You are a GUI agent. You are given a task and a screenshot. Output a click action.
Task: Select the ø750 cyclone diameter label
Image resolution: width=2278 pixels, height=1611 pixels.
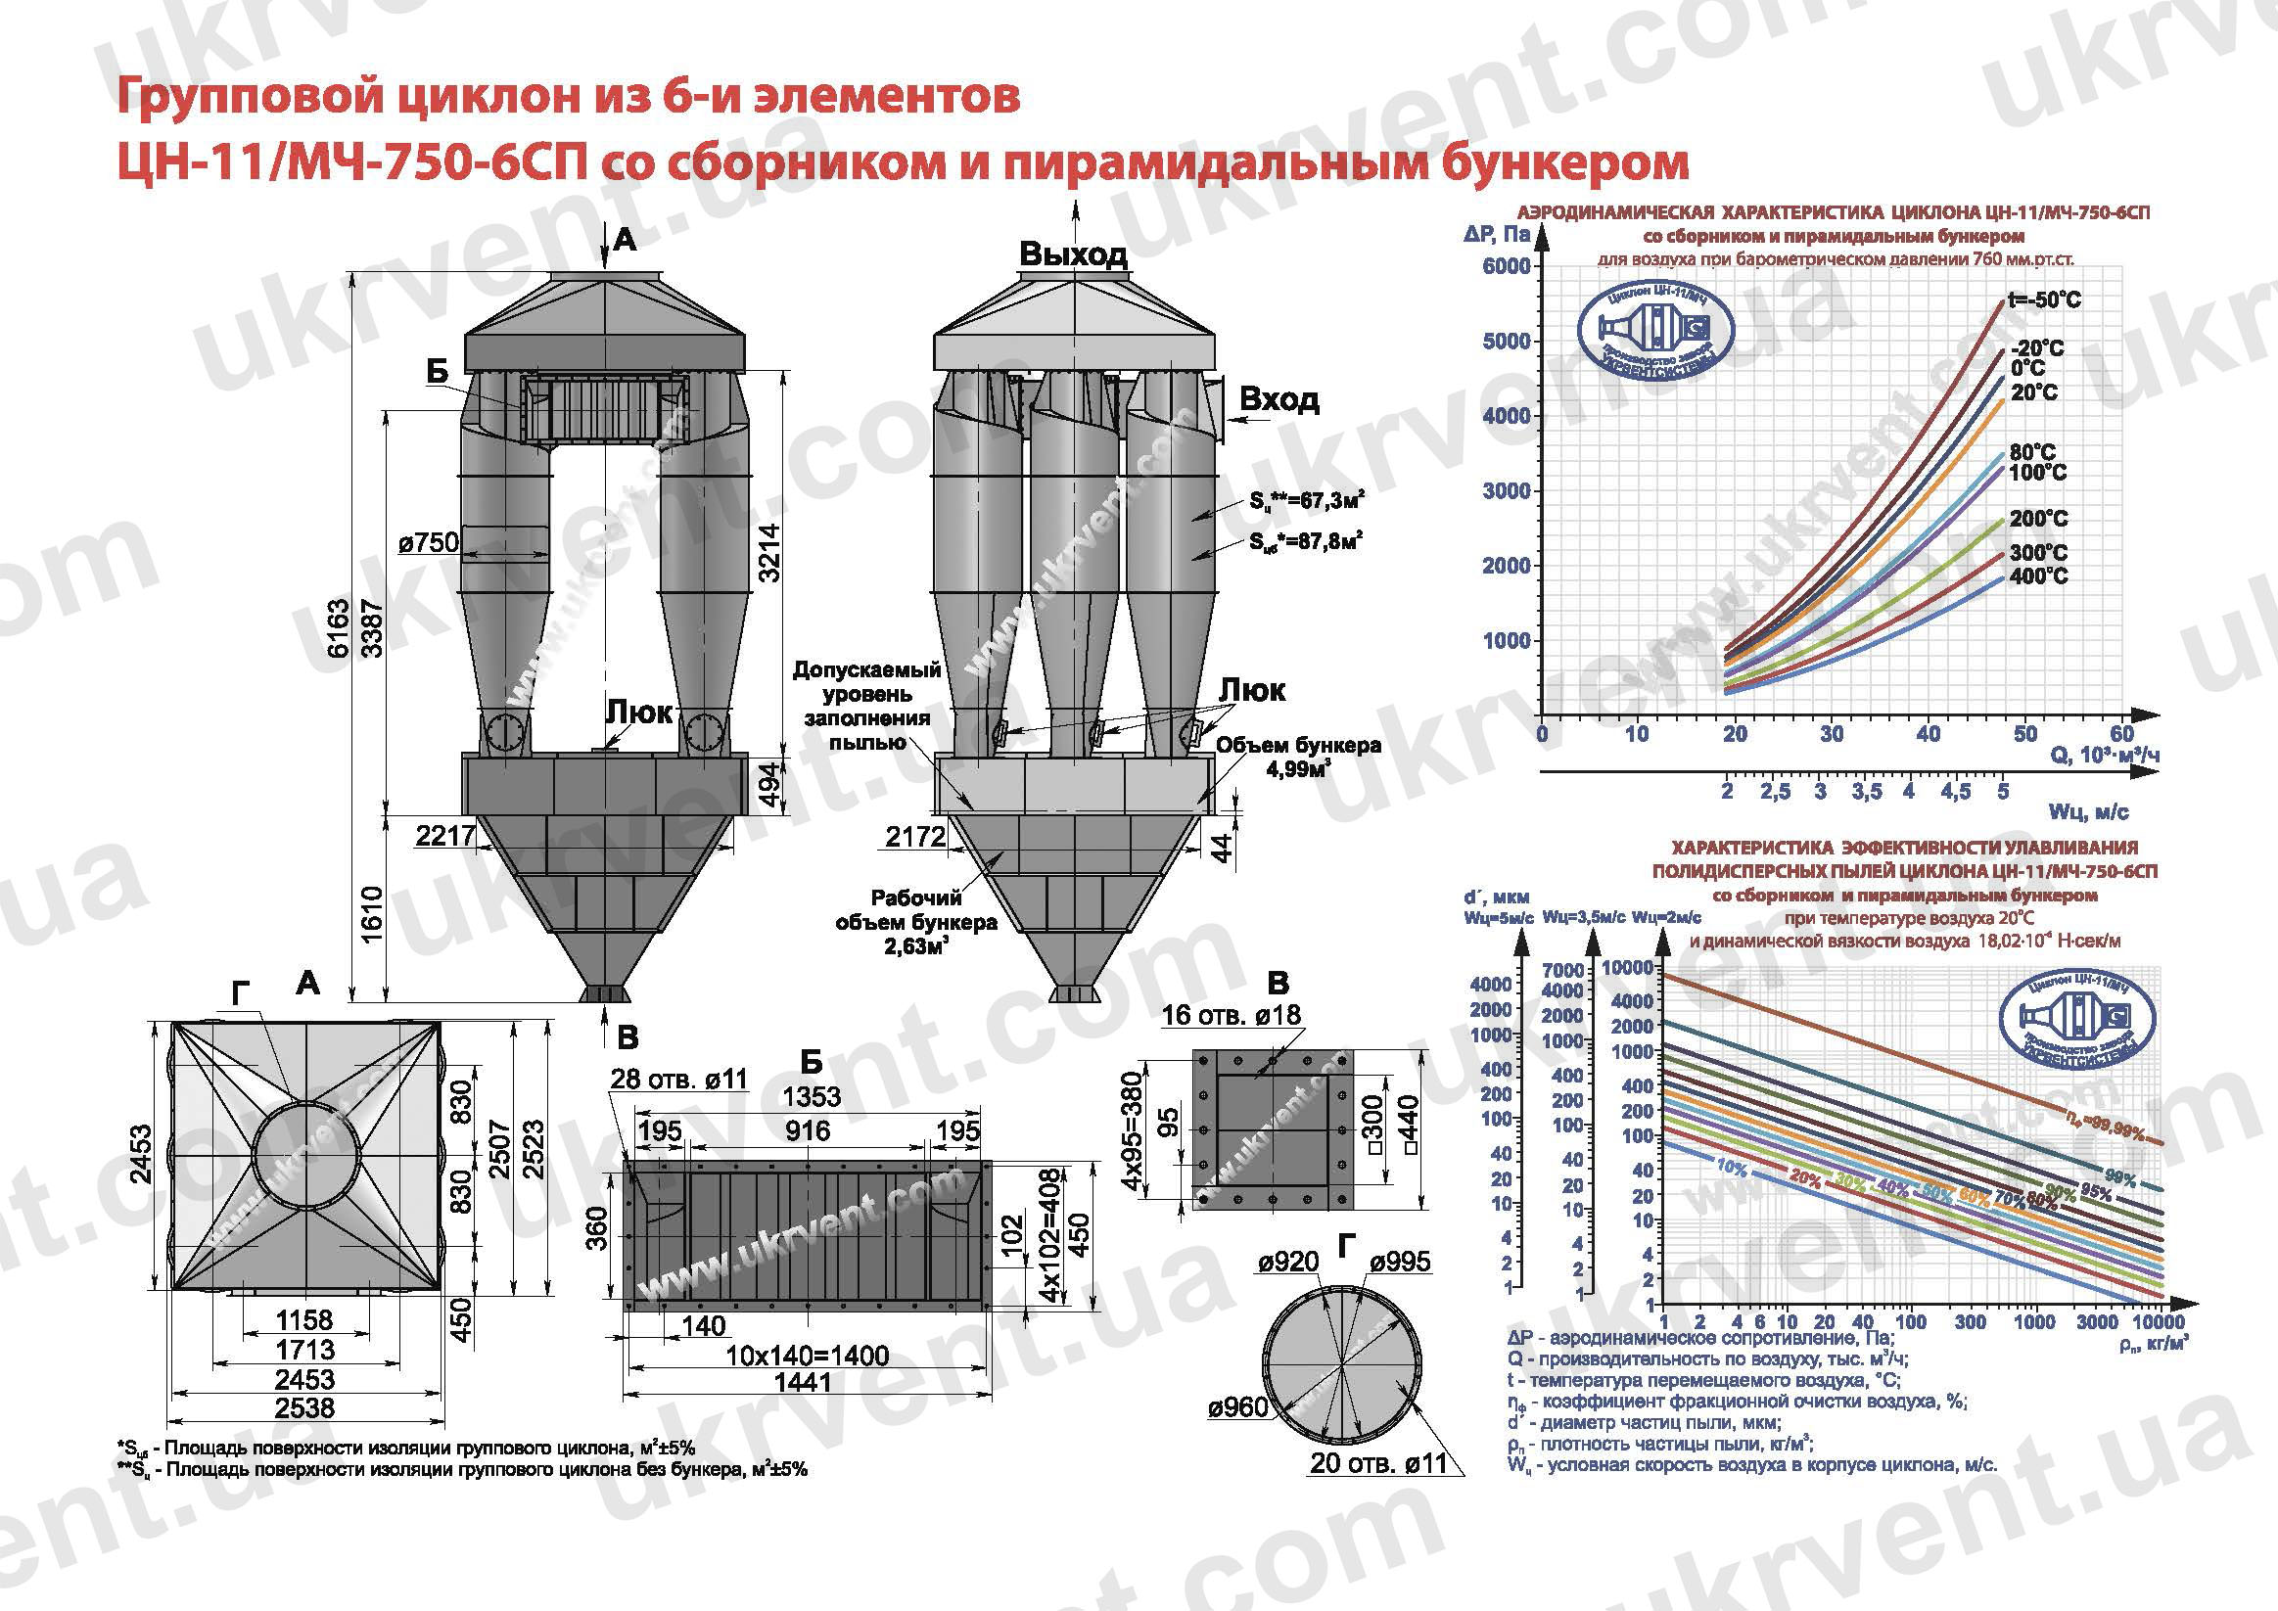[x=429, y=542]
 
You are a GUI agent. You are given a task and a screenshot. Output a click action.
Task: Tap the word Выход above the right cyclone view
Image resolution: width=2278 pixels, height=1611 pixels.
[x=1074, y=253]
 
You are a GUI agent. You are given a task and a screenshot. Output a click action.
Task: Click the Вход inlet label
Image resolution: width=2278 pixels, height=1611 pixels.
[x=1278, y=398]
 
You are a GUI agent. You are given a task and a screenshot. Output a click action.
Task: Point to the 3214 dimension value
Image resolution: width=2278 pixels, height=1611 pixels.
[x=769, y=552]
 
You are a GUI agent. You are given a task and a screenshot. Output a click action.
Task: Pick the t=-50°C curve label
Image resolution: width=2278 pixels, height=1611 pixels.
[x=2044, y=299]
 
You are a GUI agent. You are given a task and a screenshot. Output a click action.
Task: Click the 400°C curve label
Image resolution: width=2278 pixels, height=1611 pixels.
[x=2039, y=575]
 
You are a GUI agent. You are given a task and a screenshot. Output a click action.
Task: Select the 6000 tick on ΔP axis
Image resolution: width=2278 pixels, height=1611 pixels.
[x=1506, y=266]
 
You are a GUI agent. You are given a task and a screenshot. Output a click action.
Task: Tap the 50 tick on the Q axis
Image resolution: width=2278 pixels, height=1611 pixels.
[x=2024, y=734]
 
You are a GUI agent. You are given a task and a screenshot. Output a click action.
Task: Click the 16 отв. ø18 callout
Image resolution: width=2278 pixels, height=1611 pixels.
[x=1231, y=1015]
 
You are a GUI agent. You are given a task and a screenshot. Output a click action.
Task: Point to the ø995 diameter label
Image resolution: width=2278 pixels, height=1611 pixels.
[x=1400, y=1262]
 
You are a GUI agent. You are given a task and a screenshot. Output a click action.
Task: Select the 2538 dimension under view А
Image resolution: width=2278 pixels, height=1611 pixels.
[x=305, y=1407]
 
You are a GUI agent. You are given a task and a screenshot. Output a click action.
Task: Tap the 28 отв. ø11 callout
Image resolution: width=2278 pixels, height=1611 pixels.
[x=678, y=1079]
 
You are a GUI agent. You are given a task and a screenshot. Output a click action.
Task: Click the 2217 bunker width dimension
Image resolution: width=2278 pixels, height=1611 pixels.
[x=445, y=836]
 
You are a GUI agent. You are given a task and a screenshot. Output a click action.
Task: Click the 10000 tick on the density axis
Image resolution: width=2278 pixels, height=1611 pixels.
[x=2159, y=1322]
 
